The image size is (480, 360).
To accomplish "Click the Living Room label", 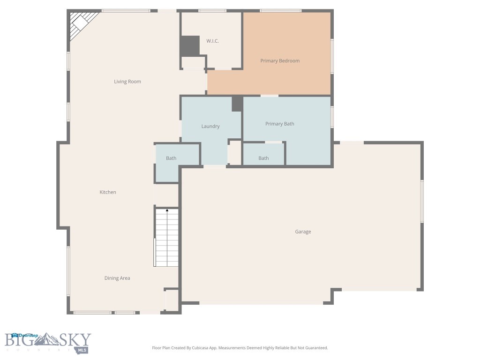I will (127, 82).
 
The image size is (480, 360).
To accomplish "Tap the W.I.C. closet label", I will (212, 41).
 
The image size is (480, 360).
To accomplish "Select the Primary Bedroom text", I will (280, 61).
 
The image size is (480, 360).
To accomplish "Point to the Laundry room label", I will (210, 126).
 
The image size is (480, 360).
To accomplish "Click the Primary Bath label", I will (280, 124).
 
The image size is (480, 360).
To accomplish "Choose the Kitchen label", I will (108, 192).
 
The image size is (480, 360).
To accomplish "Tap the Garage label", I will (303, 232).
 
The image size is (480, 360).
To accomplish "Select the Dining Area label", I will (117, 278).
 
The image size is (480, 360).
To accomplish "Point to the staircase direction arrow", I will (167, 210).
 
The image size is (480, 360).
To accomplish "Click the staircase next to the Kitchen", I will (167, 239).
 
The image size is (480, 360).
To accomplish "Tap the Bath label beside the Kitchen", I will (171, 158).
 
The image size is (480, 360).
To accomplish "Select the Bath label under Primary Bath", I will (263, 158).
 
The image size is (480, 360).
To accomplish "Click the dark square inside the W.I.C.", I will (190, 45).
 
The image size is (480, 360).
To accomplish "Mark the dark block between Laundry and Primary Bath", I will (237, 104).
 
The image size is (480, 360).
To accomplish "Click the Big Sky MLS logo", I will (48, 343).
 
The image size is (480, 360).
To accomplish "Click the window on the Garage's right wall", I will (421, 201).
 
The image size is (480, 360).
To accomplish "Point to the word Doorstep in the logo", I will (29, 335).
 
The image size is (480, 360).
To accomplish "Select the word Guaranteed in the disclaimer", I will (315, 348).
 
